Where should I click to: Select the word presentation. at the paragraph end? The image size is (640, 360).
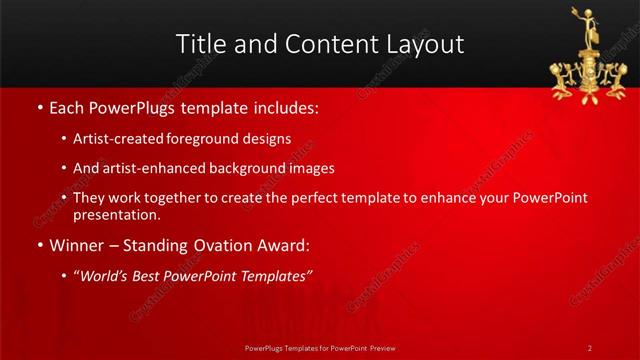coord(117,214)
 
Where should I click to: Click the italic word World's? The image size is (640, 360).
coord(106,276)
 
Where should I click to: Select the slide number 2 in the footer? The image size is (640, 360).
coord(590,347)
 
